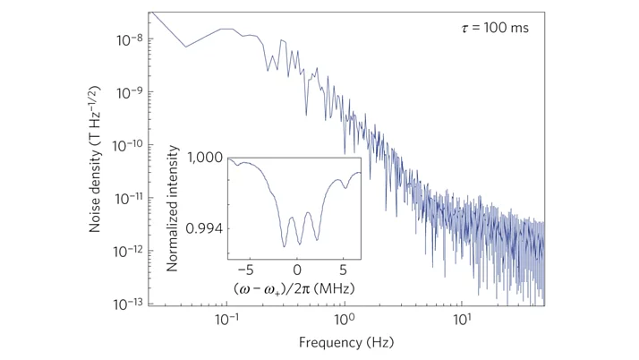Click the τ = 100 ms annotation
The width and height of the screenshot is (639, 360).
489,28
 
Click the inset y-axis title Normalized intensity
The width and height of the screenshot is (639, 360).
173,212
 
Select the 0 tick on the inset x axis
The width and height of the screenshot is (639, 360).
296,269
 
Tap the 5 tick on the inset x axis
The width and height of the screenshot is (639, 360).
343,269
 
